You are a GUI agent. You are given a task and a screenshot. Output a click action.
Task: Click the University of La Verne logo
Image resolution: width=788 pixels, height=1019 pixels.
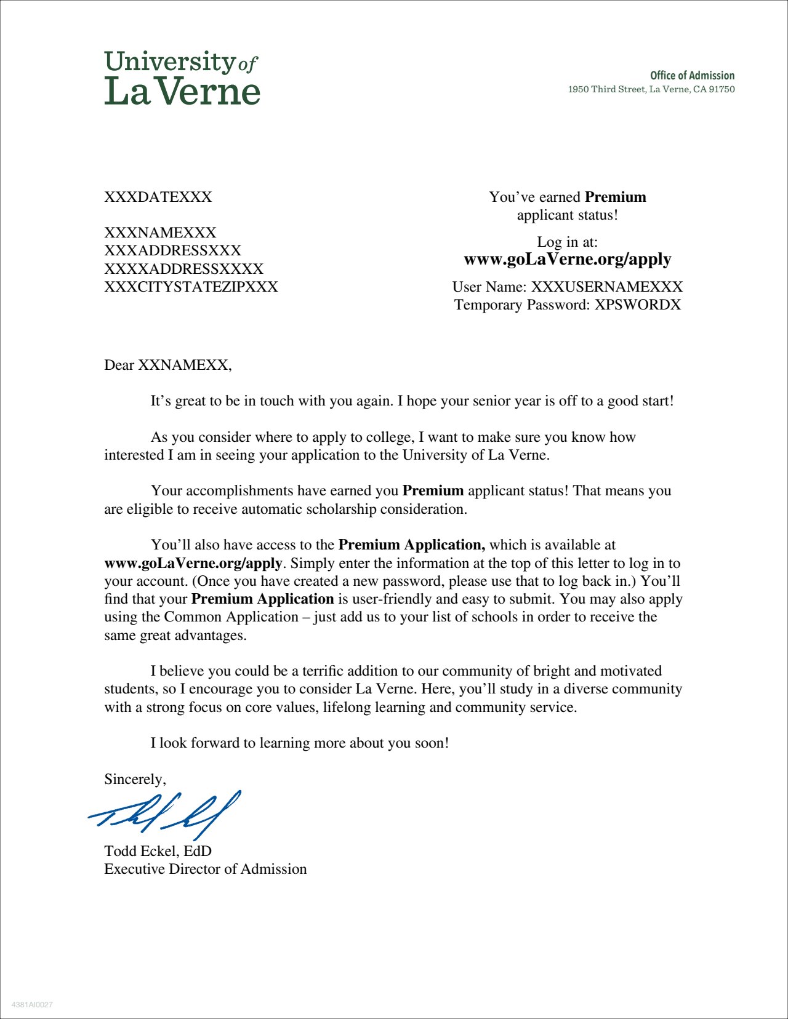[182, 78]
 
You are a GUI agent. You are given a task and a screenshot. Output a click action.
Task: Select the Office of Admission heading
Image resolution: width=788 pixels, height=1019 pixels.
[692, 76]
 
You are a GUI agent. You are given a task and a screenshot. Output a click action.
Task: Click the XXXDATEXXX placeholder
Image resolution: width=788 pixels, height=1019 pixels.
[158, 197]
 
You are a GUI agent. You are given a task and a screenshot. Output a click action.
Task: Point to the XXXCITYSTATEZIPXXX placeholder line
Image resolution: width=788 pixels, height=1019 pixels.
[191, 287]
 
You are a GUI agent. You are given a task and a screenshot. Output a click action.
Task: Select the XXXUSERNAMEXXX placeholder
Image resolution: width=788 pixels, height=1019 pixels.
[607, 287]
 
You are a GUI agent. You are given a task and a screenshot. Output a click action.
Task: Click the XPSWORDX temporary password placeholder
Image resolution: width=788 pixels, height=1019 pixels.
[638, 305]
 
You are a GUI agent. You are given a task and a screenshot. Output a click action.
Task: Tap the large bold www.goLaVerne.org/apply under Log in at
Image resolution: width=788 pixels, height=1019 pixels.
[567, 259]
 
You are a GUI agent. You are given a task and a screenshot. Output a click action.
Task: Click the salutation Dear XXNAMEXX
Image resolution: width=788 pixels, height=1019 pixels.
[167, 365]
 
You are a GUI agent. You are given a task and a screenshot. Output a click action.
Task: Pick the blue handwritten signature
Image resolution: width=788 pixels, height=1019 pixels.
[165, 813]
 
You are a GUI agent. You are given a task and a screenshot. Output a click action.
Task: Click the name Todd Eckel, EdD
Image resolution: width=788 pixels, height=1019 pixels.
[158, 851]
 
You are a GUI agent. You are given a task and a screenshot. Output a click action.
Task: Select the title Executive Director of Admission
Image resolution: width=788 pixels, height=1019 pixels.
[205, 869]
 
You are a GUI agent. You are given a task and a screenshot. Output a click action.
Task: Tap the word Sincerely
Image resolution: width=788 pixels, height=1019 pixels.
[134, 779]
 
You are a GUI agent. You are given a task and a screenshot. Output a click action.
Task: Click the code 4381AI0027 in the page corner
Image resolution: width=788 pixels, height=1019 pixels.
[32, 1005]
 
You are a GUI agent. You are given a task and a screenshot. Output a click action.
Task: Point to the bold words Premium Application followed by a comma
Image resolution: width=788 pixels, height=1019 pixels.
[412, 545]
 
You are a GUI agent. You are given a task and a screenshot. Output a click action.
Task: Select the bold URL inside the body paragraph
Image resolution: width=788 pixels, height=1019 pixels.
[193, 563]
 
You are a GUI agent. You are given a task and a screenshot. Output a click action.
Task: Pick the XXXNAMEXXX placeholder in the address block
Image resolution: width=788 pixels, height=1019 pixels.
[160, 233]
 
